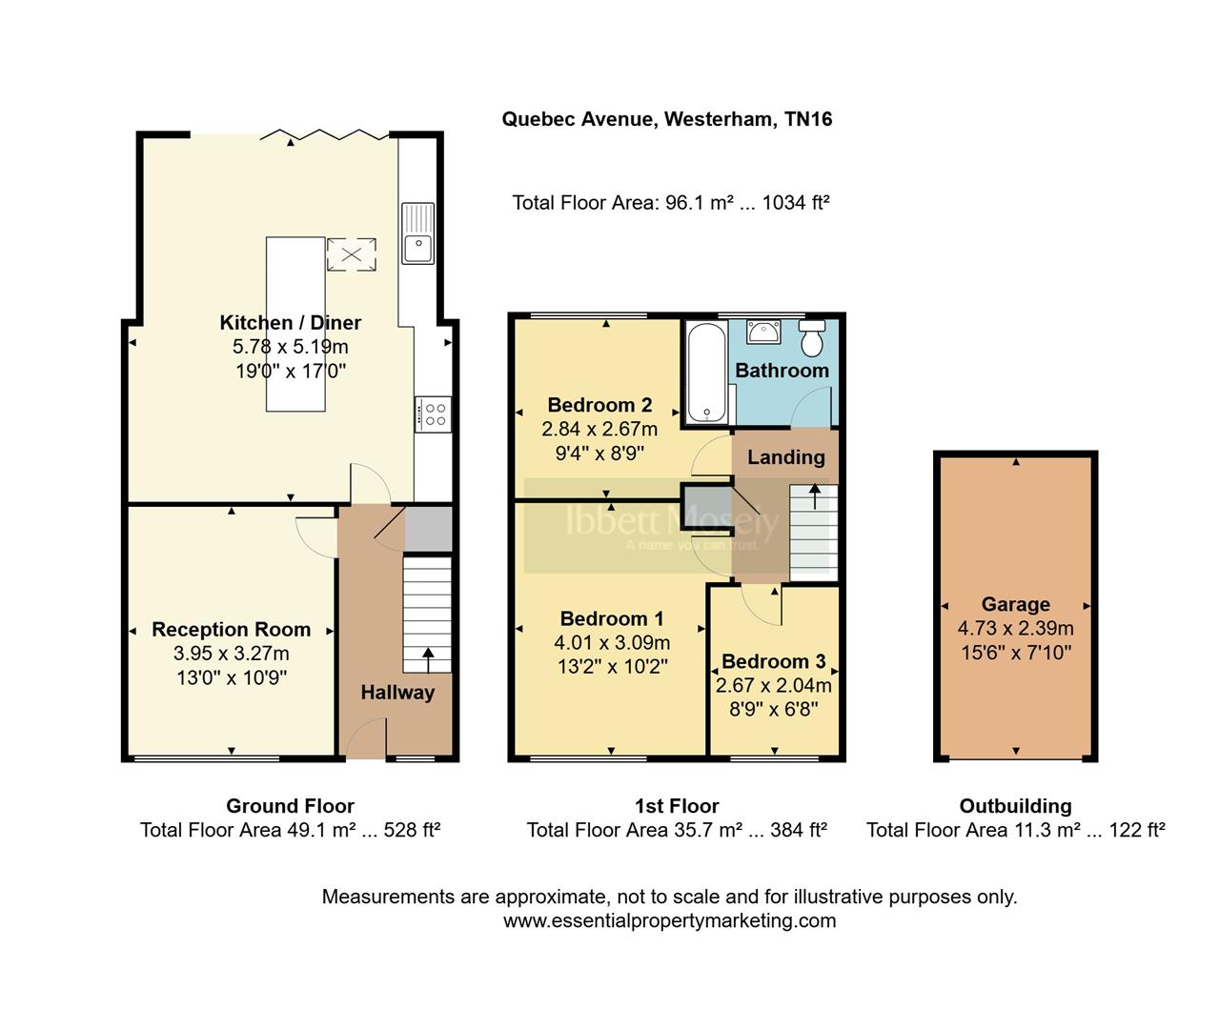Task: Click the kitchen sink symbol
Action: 417,232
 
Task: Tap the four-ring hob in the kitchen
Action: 434,414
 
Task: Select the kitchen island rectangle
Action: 295,324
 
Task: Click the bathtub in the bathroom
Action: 706,372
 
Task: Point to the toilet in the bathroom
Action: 812,338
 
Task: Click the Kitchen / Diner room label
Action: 291,322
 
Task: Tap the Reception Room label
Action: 231,630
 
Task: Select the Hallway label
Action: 397,693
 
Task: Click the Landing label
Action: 785,457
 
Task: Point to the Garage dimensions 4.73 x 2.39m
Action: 1015,629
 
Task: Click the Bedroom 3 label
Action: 773,661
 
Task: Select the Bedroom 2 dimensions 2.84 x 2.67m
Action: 599,429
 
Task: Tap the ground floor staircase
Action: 427,615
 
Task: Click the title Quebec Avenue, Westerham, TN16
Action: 667,119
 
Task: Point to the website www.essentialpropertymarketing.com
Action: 669,920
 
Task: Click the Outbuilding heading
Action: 1015,806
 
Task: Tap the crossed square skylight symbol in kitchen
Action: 352,254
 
